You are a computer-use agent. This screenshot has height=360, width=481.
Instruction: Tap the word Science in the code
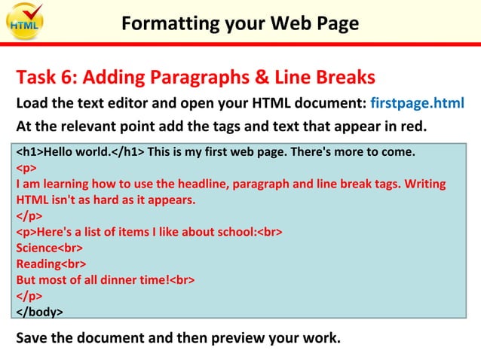(x=37, y=248)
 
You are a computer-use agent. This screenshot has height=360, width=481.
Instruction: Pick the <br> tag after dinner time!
(x=182, y=279)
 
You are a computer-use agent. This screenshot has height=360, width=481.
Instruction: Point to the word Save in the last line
(x=32, y=337)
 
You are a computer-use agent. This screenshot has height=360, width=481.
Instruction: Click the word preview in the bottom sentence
(x=249, y=337)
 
